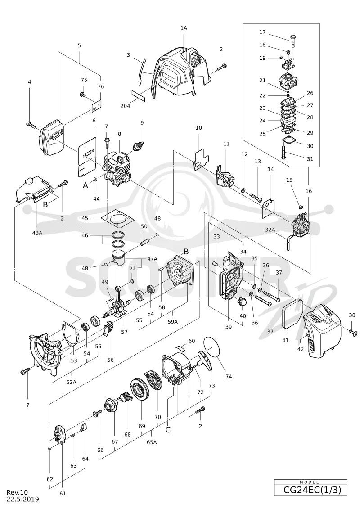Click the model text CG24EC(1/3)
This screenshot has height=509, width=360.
point(312,489)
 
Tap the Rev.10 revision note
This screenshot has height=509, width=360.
point(17,493)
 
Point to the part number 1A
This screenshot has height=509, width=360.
point(184,28)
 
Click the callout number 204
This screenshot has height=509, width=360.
point(125,106)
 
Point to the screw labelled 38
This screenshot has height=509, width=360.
point(352,332)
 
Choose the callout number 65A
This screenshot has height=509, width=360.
point(152,442)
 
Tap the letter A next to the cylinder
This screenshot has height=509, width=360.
point(85,185)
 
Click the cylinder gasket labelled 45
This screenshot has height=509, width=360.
point(117,220)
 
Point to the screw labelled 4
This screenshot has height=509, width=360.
point(31,124)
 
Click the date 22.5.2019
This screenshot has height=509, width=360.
point(22,499)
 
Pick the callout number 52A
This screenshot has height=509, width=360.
point(71,382)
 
